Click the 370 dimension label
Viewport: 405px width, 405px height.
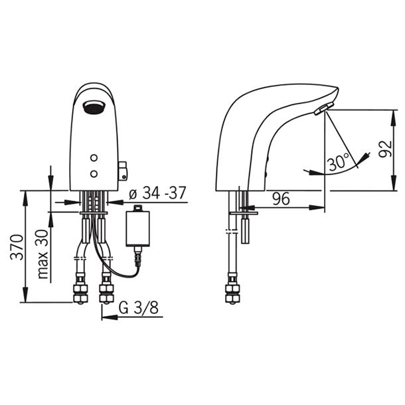click(17, 246)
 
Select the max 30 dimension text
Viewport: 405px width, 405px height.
click(42, 254)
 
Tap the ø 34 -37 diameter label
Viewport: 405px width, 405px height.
click(157, 193)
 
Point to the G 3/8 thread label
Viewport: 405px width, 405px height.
click(139, 307)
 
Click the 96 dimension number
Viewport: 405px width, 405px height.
click(282, 199)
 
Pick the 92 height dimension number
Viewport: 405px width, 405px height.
click(385, 149)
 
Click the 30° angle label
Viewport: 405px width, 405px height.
click(339, 162)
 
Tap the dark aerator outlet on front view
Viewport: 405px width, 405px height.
click(94, 108)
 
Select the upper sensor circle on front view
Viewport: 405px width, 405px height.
click(94, 157)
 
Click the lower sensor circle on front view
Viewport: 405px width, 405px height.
click(94, 174)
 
